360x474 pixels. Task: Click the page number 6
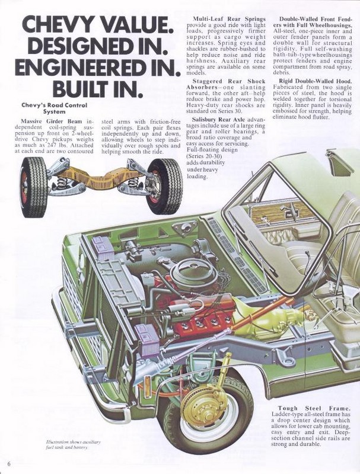coord(9,462)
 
